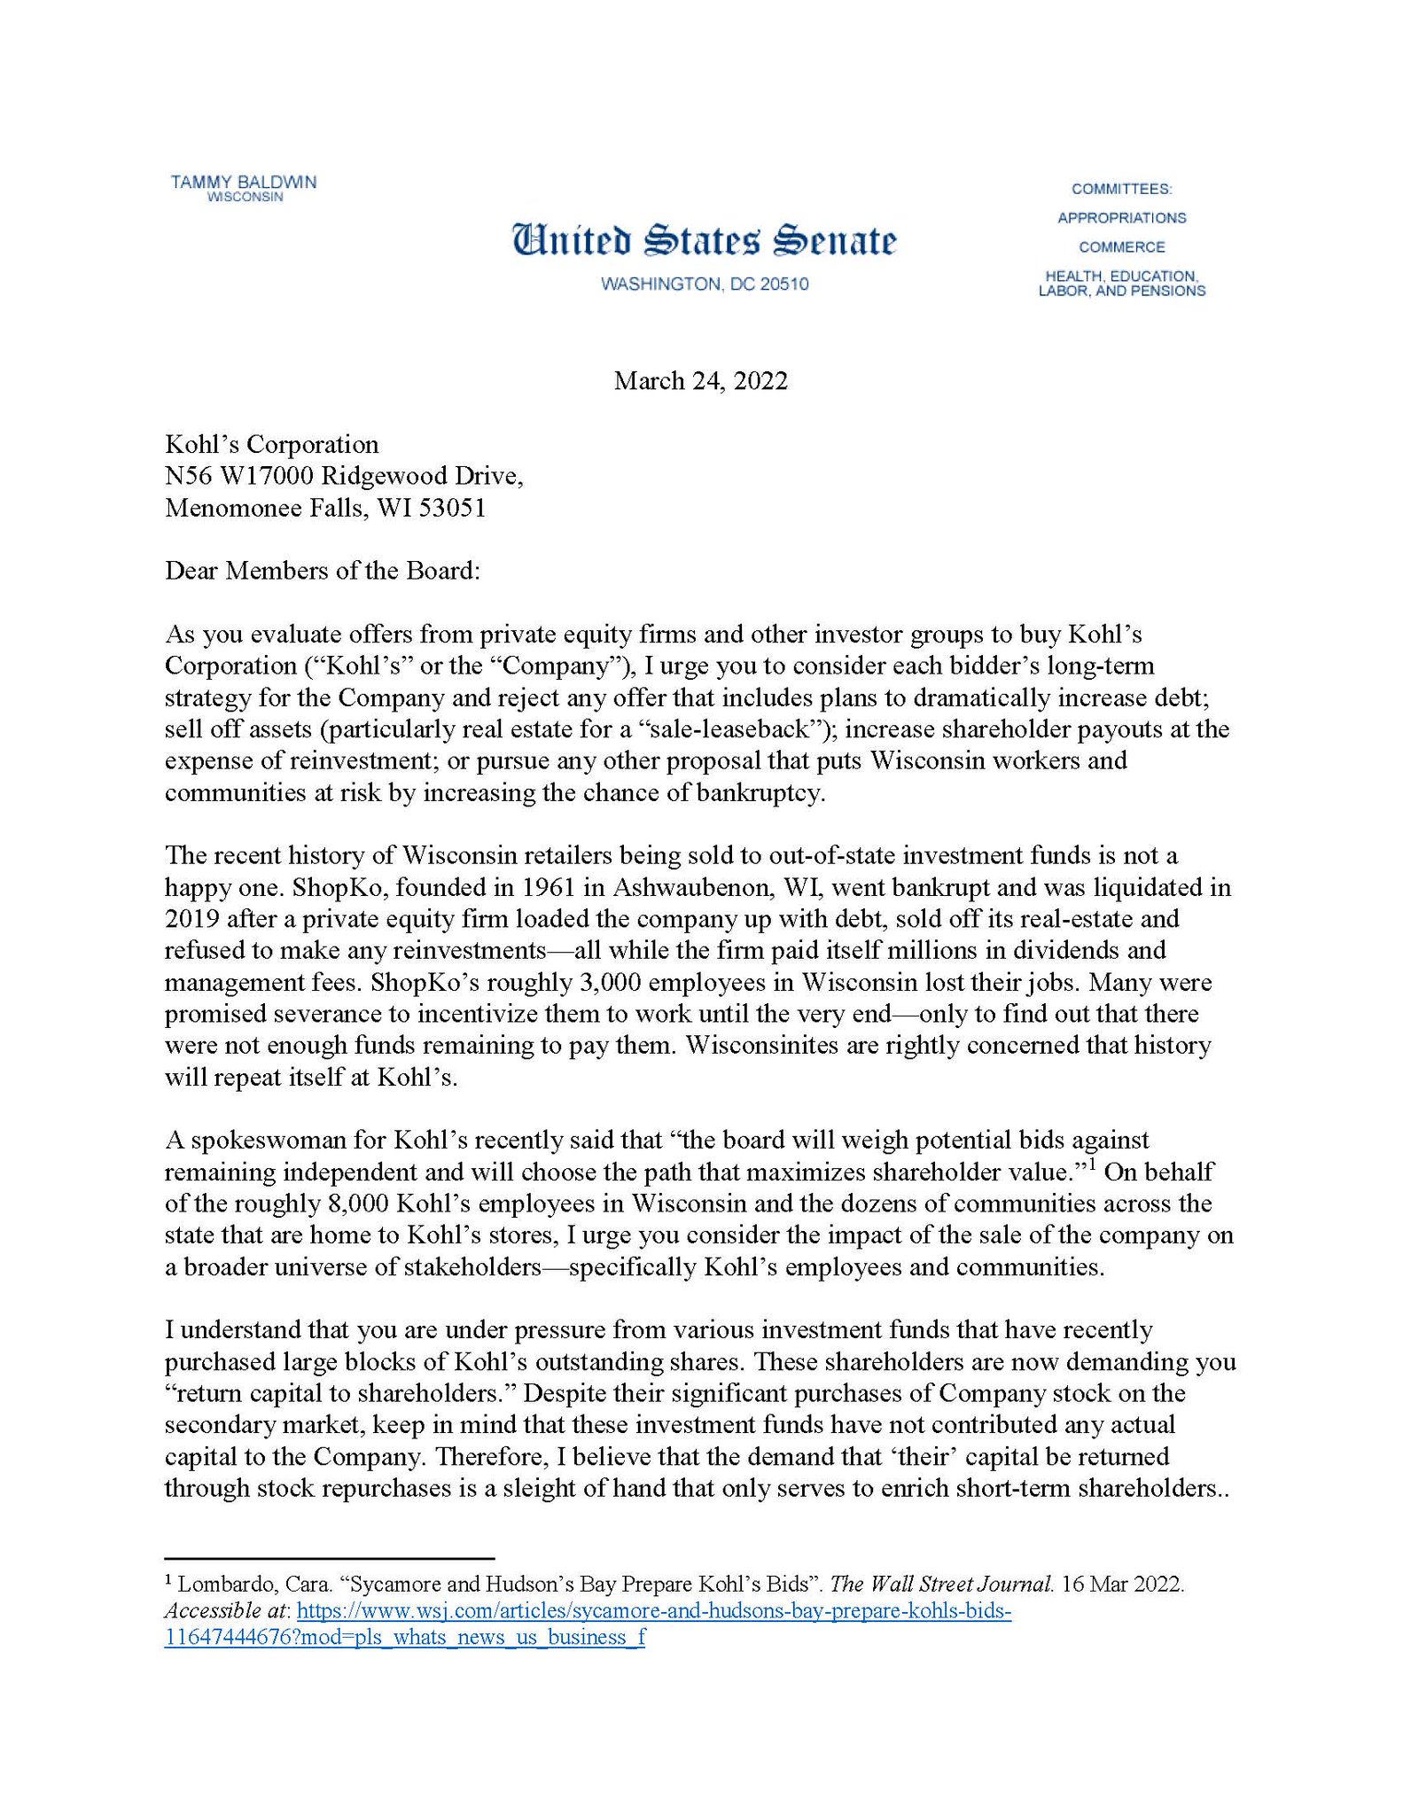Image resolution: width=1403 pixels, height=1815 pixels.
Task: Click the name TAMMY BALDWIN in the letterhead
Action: [243, 183]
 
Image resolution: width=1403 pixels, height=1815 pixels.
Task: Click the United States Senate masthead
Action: [704, 241]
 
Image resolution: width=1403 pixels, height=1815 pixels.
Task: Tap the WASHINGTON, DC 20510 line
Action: [704, 284]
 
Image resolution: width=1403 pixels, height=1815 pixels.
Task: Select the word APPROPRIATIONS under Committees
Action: [1121, 218]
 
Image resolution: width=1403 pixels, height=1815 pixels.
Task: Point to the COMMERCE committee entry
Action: [1121, 247]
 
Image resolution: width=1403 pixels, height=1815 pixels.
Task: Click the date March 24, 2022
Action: [700, 381]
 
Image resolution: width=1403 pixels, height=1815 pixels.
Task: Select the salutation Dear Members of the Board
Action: [322, 571]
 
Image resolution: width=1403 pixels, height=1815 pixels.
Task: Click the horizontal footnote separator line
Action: [329, 1557]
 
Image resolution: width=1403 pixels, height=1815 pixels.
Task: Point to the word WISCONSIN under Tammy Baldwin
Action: [245, 198]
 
